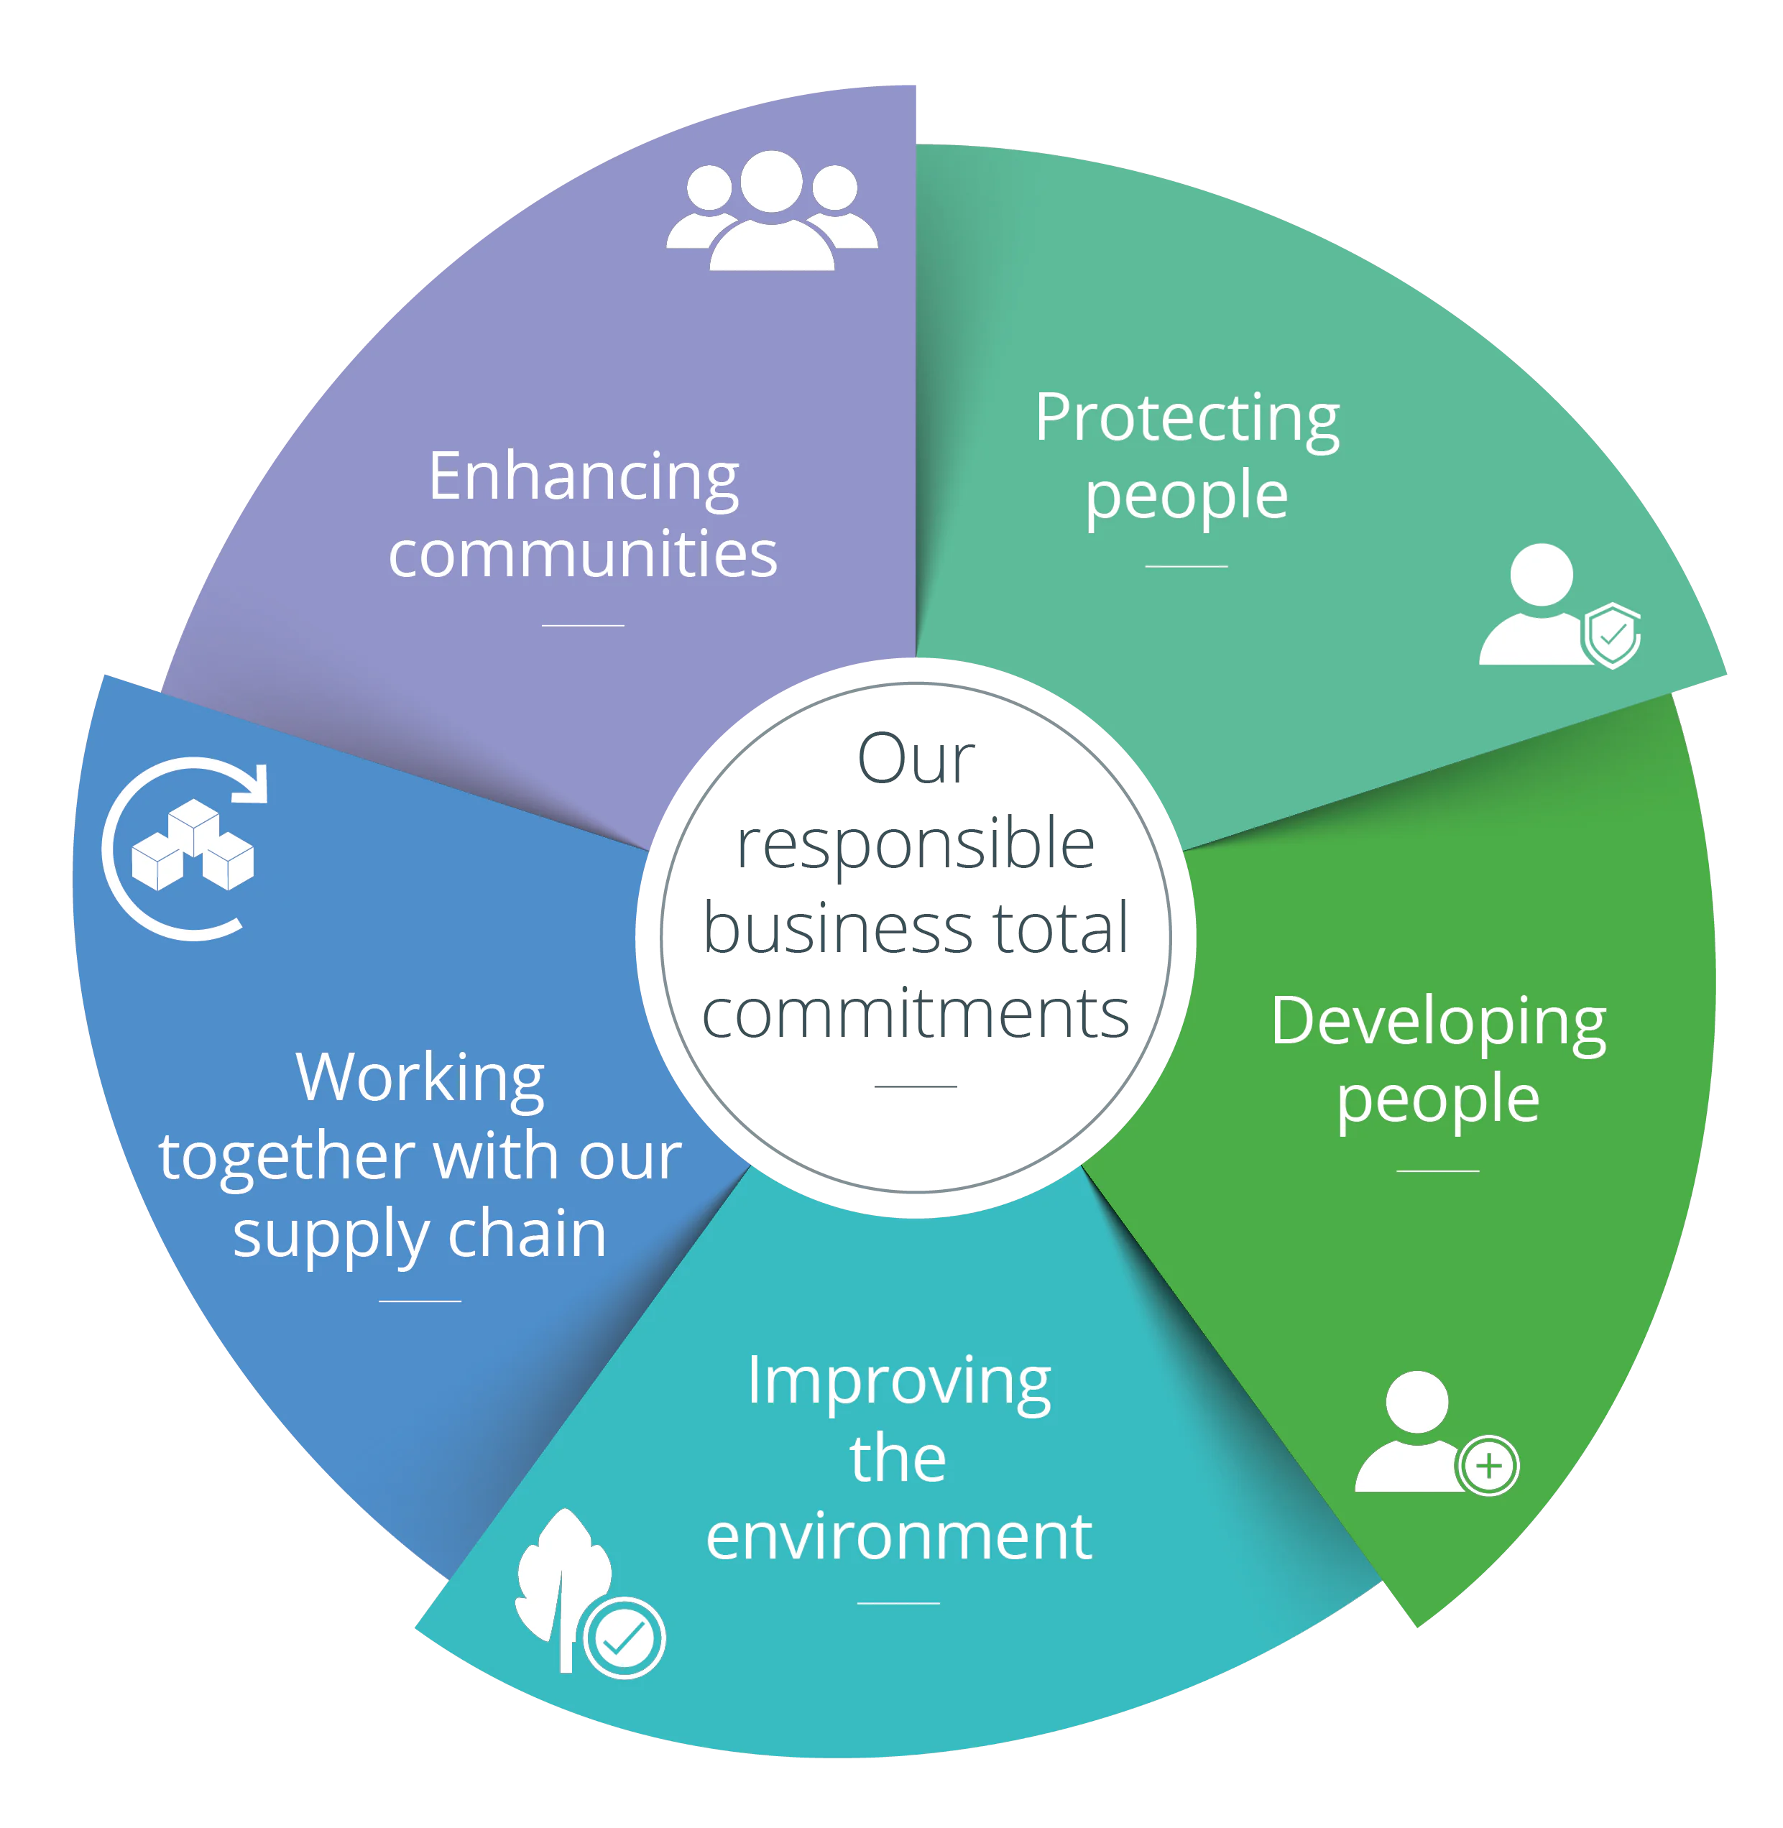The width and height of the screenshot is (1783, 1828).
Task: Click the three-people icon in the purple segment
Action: pyautogui.click(x=772, y=212)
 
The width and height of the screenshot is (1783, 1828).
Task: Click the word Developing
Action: pyautogui.click(x=1437, y=1023)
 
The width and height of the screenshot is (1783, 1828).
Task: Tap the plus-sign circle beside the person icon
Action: pyautogui.click(x=1488, y=1466)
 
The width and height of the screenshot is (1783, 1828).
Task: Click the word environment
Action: pyautogui.click(x=898, y=1538)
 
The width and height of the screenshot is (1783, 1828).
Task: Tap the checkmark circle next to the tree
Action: pyautogui.click(x=624, y=1638)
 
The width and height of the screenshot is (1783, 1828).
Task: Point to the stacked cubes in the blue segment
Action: pyautogui.click(x=193, y=845)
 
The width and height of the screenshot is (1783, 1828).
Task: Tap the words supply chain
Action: pyautogui.click(x=420, y=1234)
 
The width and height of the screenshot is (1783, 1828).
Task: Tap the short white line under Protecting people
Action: pyautogui.click(x=1186, y=566)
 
